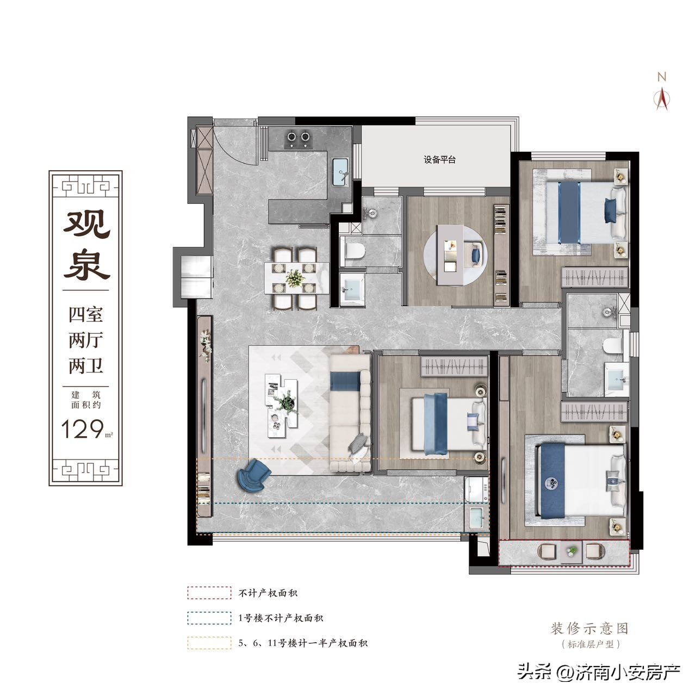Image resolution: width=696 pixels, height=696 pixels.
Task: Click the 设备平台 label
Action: [x=439, y=160]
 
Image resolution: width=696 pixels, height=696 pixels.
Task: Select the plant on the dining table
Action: [x=295, y=278]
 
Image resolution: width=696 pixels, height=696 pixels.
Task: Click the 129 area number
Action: [x=83, y=428]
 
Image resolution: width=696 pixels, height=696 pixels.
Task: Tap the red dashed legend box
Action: [x=209, y=593]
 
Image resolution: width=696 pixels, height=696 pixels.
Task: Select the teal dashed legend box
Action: [x=209, y=618]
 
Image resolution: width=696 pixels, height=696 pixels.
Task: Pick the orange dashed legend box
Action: [x=209, y=643]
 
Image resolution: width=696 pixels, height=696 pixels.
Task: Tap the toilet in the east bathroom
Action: [x=614, y=345]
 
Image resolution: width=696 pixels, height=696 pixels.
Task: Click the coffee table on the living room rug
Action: [x=282, y=405]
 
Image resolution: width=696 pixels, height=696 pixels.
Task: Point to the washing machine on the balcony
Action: [x=476, y=489]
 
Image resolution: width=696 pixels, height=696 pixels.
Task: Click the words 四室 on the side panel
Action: [x=86, y=315]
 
